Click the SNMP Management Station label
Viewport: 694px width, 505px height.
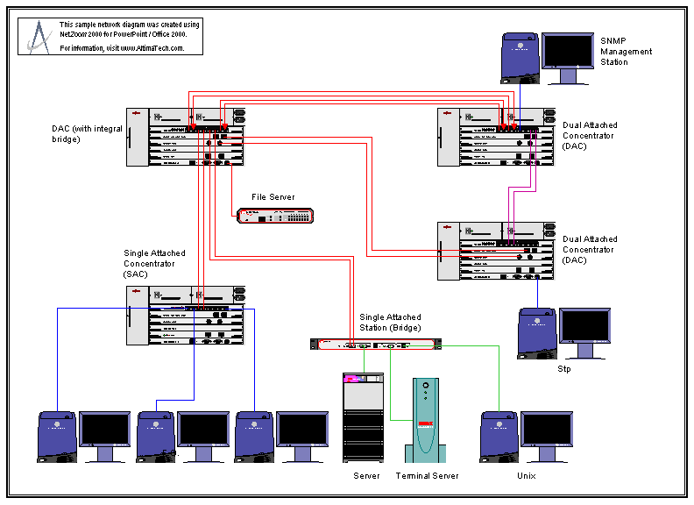tap(626, 52)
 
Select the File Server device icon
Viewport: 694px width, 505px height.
tap(274, 216)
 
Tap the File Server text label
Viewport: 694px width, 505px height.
tap(273, 197)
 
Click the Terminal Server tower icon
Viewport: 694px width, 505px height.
tap(425, 420)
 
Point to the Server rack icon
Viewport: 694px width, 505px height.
tap(364, 417)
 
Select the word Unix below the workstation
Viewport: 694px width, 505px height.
tap(526, 475)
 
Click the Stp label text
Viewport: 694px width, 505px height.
tap(564, 369)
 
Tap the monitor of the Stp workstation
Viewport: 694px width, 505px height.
tap(584, 331)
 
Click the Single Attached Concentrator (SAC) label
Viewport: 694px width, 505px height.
tap(154, 263)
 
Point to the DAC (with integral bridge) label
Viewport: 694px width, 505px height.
tap(87, 133)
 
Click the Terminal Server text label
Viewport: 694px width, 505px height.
tap(427, 475)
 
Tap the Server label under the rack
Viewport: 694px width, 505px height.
tap(366, 475)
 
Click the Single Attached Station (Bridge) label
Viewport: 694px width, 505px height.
tap(390, 322)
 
